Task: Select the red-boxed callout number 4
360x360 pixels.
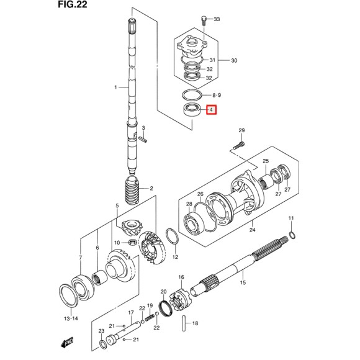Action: [x=212, y=111]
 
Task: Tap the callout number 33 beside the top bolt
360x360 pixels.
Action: [x=217, y=20]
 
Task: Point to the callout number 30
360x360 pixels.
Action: [x=234, y=60]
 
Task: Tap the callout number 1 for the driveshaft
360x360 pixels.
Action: [x=115, y=88]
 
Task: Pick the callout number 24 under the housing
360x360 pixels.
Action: [x=252, y=231]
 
